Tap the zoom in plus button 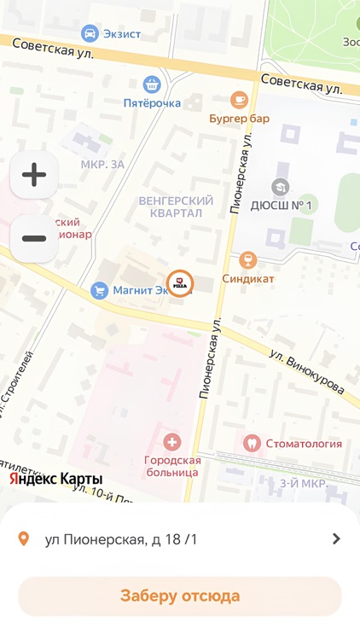(34, 175)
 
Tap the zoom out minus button (34, 238)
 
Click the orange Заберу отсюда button (180, 596)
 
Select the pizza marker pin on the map (179, 282)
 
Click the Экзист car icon (89, 33)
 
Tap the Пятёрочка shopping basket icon (152, 84)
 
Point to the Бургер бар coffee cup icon (240, 100)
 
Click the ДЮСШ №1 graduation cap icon (280, 186)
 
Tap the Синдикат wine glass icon (248, 259)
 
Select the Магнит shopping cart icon (100, 291)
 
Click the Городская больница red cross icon (172, 442)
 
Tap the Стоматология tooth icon (252, 443)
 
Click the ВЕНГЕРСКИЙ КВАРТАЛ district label (176, 207)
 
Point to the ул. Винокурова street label (307, 372)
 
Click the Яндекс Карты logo (56, 479)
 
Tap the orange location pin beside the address (24, 538)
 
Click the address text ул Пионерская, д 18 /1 (121, 538)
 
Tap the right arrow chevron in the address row (336, 538)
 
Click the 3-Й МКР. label (304, 484)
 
